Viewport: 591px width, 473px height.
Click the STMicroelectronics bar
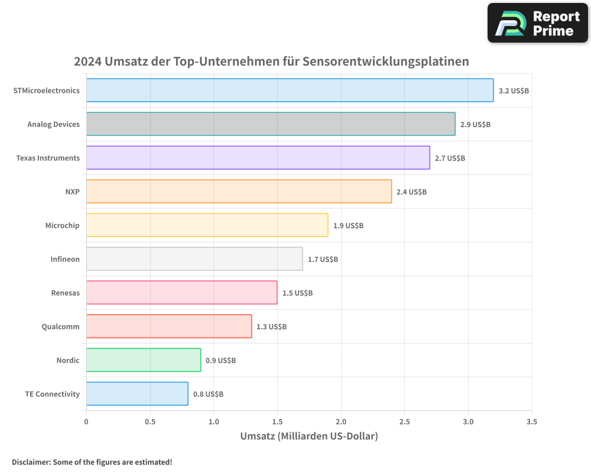290,90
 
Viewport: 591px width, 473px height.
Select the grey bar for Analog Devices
271,124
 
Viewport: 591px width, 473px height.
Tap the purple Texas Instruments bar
258,158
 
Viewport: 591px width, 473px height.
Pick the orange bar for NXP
239,192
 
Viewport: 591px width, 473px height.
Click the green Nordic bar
144,360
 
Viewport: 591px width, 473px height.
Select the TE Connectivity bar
137,394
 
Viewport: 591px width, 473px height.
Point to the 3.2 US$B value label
514,91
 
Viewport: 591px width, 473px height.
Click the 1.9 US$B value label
348,226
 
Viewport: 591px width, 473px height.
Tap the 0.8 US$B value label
208,394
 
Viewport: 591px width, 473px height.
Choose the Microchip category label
62,226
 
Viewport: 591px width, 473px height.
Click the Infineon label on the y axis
65,260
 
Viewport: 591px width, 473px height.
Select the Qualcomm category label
60,327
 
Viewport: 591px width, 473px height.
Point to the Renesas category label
65,293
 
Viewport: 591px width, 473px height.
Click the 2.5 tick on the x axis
404,422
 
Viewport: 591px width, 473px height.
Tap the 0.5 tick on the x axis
150,422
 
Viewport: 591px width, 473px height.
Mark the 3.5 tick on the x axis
532,422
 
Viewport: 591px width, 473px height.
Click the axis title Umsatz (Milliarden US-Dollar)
309,436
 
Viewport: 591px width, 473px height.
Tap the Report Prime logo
537,23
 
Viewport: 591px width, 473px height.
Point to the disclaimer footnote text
92,462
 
